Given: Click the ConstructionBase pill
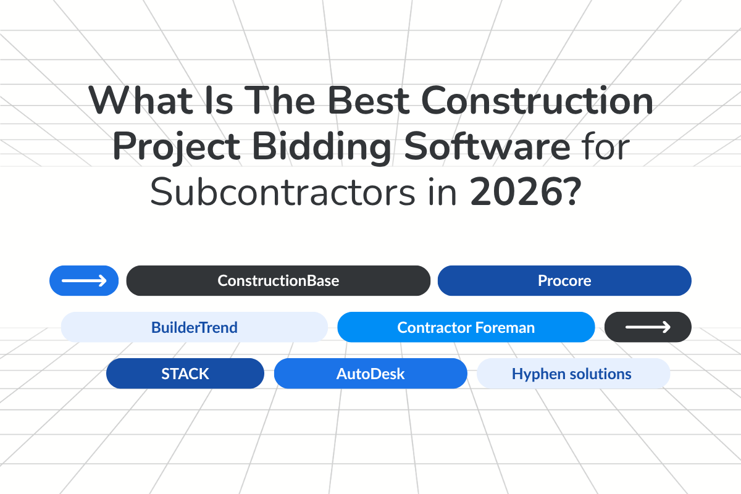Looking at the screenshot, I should click(278, 281).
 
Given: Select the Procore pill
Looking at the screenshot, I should click(564, 281).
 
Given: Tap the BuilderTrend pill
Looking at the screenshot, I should click(194, 327).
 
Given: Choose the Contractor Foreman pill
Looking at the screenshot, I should click(466, 327).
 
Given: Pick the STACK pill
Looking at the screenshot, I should click(185, 374).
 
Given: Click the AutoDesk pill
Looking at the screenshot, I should click(371, 374).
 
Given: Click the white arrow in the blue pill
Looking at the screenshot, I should click(84, 281).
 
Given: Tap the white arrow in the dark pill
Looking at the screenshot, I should click(648, 327).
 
